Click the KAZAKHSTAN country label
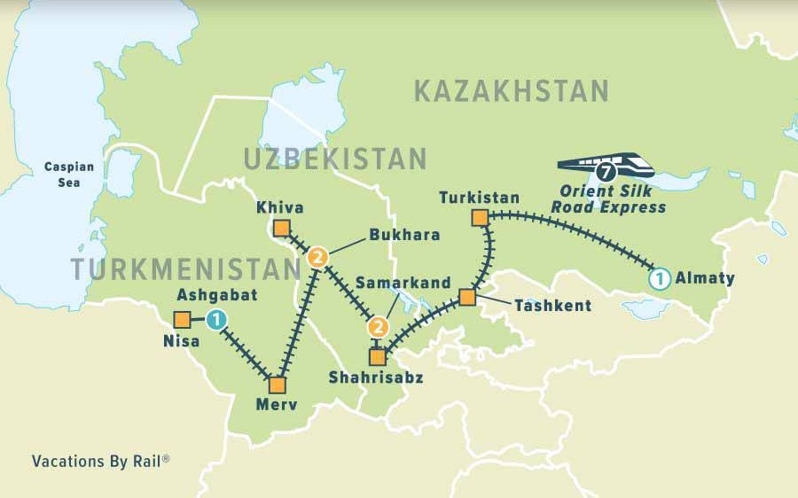coord(511,90)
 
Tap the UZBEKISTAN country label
coord(335,160)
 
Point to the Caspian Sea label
coord(63,174)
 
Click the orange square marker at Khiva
coord(281,229)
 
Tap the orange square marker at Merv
coord(277,385)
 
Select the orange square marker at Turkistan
coord(480,217)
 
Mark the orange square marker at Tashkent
coord(467,297)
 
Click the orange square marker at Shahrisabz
coord(378,357)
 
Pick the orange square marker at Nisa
coord(182,320)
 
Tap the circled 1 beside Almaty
coord(659,278)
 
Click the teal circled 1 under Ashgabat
coord(216,320)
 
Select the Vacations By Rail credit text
coord(100,461)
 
